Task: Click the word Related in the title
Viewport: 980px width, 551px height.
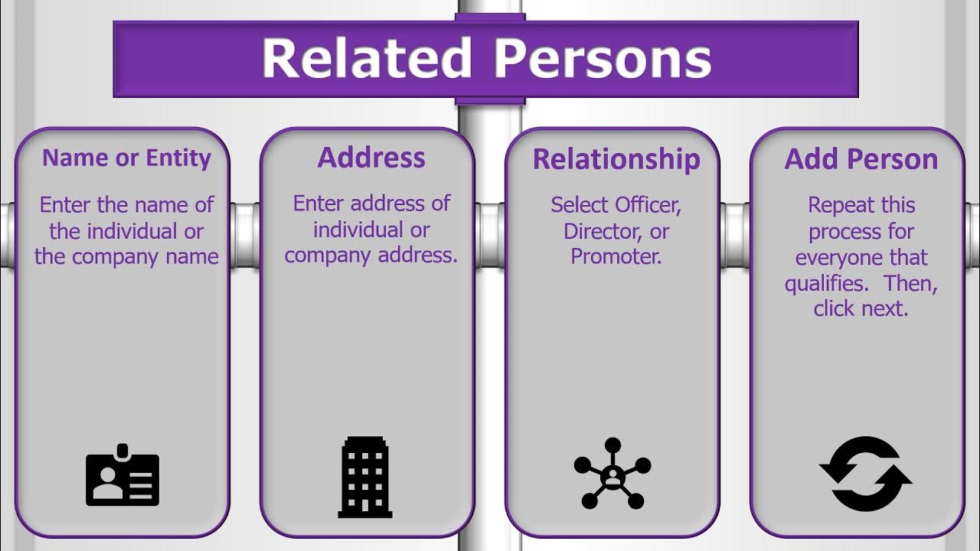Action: click(x=366, y=58)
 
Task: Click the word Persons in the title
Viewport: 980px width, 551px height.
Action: click(x=603, y=58)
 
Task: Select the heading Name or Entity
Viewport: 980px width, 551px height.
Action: click(x=126, y=158)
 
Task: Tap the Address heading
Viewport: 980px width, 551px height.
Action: click(x=371, y=157)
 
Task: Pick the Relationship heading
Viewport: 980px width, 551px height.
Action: click(x=616, y=159)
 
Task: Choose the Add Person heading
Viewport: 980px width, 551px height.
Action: click(x=861, y=159)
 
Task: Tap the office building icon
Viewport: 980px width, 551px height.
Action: click(x=366, y=476)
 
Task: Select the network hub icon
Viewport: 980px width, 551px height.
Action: click(x=612, y=473)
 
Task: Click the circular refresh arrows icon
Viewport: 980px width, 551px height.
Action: click(x=865, y=473)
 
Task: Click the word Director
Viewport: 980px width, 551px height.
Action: click(x=603, y=231)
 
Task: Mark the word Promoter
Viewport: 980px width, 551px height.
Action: click(x=616, y=256)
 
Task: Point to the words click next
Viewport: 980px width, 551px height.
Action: click(x=861, y=308)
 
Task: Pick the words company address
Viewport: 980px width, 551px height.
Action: click(x=371, y=255)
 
